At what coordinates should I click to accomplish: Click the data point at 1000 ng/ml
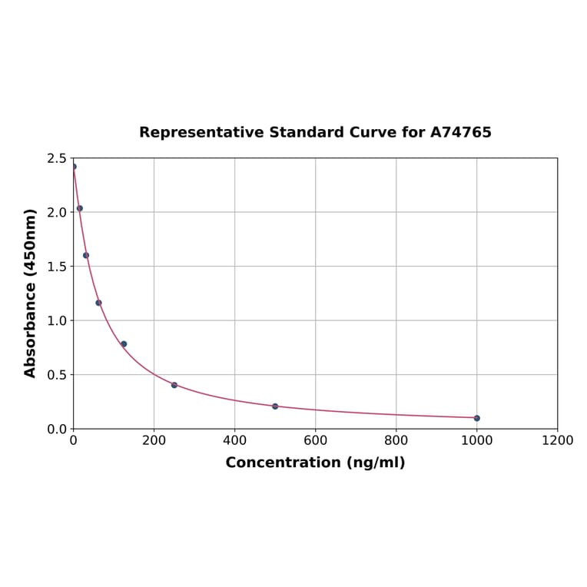point(476,418)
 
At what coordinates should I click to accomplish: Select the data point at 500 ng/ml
point(275,406)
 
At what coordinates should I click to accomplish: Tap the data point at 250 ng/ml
point(174,385)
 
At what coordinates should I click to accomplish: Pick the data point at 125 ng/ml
point(124,344)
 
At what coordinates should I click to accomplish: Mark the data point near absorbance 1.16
point(98,303)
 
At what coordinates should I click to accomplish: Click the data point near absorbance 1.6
point(86,255)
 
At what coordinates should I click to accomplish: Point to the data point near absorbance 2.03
point(80,208)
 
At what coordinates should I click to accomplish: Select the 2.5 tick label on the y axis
point(56,158)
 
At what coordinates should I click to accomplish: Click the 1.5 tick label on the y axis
point(56,267)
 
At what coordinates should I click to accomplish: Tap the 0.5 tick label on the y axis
point(56,375)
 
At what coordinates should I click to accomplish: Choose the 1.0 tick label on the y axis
point(56,320)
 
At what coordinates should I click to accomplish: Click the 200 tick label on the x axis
point(154,441)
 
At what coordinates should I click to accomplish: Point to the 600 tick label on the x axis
point(315,441)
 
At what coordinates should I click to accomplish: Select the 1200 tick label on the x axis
point(557,441)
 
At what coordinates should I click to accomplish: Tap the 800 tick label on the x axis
point(396,441)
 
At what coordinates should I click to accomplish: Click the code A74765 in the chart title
point(460,133)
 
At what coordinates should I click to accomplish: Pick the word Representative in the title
point(201,133)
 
